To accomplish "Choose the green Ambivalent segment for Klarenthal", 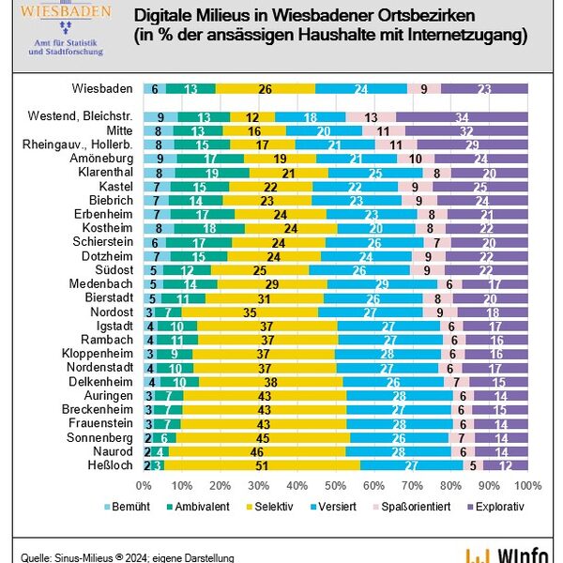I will pyautogui.click(x=213, y=173).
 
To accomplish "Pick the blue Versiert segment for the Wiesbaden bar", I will pyautogui.click(x=361, y=88).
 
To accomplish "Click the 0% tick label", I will pyautogui.click(x=144, y=485).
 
